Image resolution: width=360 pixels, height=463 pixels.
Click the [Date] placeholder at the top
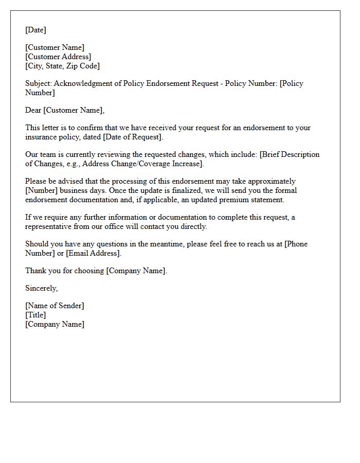[35, 30]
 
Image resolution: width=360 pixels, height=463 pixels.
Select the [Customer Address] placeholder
[58, 57]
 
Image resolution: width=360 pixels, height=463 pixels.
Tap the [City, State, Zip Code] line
[63, 66]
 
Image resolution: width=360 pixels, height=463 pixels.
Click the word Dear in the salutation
[33, 110]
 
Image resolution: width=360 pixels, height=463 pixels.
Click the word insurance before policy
[41, 137]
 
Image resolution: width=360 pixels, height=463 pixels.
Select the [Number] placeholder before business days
[42, 190]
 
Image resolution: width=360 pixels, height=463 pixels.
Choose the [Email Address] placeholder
[93, 253]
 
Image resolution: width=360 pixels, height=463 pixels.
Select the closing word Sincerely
[42, 288]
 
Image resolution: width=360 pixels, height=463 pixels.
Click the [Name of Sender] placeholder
[55, 306]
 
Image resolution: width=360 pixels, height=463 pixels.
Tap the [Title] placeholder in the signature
[35, 315]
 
